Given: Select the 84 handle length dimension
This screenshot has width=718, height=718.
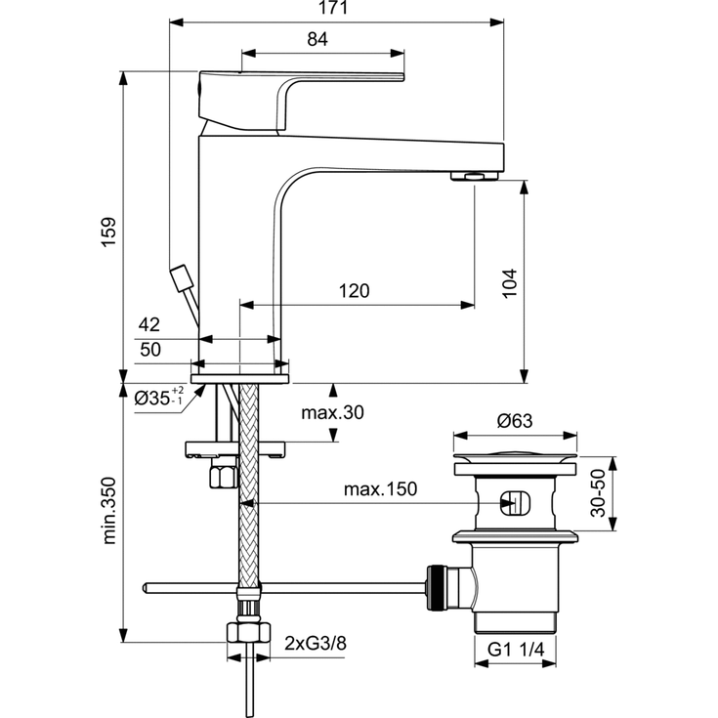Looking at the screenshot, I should (317, 40).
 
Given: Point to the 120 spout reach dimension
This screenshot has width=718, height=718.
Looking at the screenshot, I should (354, 291).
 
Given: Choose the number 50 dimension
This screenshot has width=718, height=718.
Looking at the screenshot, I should (149, 349).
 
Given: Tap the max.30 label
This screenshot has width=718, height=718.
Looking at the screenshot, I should (332, 413).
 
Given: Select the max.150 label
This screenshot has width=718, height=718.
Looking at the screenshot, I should (379, 489).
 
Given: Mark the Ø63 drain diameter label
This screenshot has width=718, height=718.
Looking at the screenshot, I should (514, 421).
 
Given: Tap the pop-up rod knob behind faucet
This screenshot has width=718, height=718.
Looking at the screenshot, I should (181, 277).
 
